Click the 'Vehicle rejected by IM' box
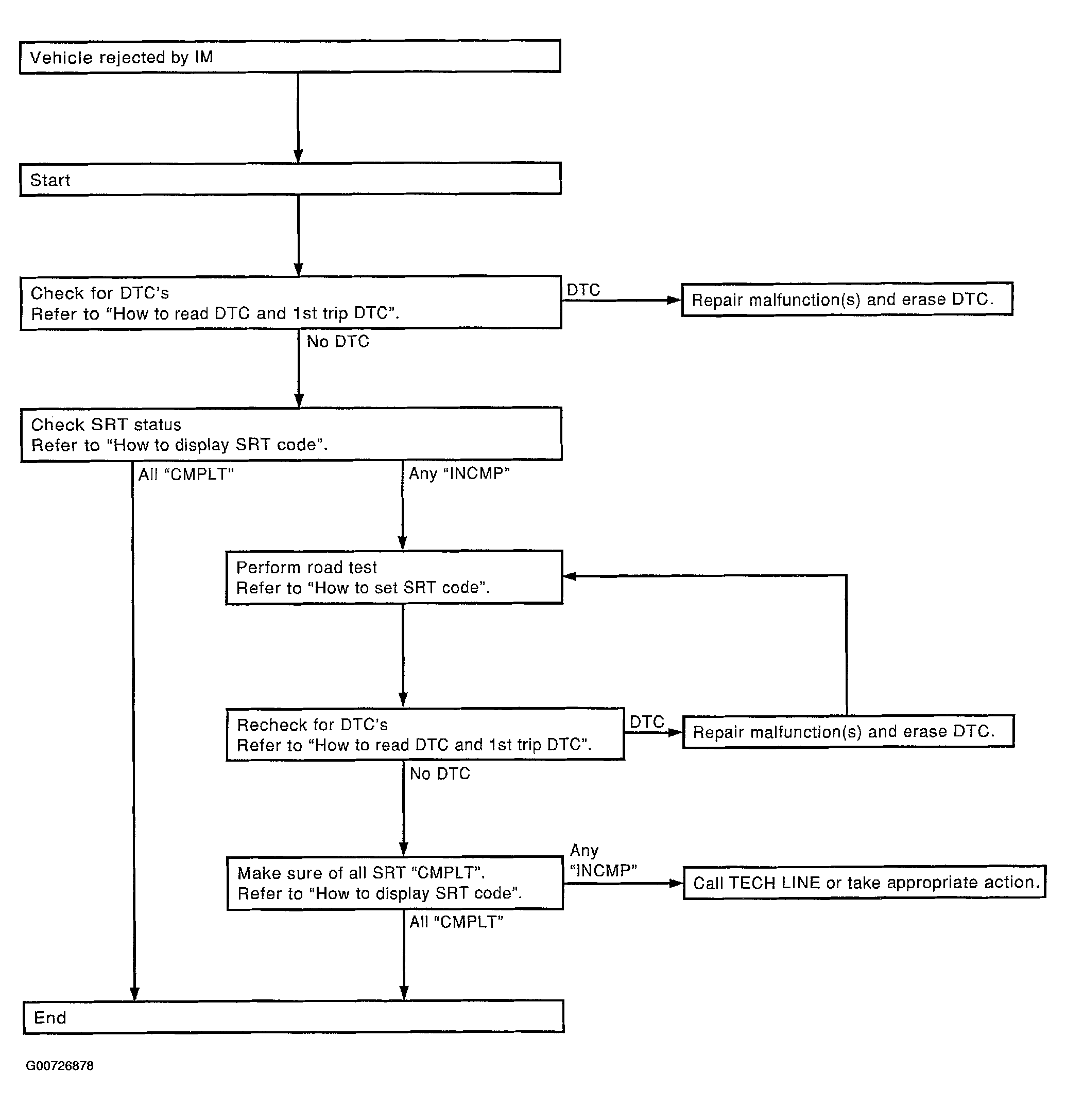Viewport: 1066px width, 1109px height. click(x=290, y=57)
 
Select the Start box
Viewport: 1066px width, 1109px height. click(x=290, y=180)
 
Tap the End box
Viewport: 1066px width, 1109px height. click(x=293, y=1017)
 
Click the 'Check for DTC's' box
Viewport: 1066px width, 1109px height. click(x=290, y=303)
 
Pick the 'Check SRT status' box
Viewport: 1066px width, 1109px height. click(x=291, y=434)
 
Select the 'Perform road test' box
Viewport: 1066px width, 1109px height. click(x=394, y=577)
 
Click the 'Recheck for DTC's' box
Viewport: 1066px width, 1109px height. click(x=425, y=734)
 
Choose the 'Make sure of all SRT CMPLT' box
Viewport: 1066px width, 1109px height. click(x=394, y=883)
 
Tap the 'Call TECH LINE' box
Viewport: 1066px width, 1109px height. click(x=865, y=882)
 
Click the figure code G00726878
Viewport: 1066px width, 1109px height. click(x=59, y=1066)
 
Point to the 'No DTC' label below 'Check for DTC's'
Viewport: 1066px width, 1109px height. click(x=338, y=342)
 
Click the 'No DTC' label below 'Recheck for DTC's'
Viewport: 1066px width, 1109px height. click(x=440, y=773)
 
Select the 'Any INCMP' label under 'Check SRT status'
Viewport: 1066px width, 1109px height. click(x=459, y=473)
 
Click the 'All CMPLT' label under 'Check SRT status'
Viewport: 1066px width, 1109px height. click(x=186, y=474)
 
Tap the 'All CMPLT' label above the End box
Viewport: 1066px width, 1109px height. click(x=456, y=922)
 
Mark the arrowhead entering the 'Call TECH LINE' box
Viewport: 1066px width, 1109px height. click(x=676, y=883)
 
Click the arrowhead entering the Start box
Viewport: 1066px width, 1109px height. click(x=298, y=155)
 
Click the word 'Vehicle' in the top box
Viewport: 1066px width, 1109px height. click(x=61, y=58)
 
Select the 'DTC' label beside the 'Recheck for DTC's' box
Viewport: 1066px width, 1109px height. click(x=646, y=722)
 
